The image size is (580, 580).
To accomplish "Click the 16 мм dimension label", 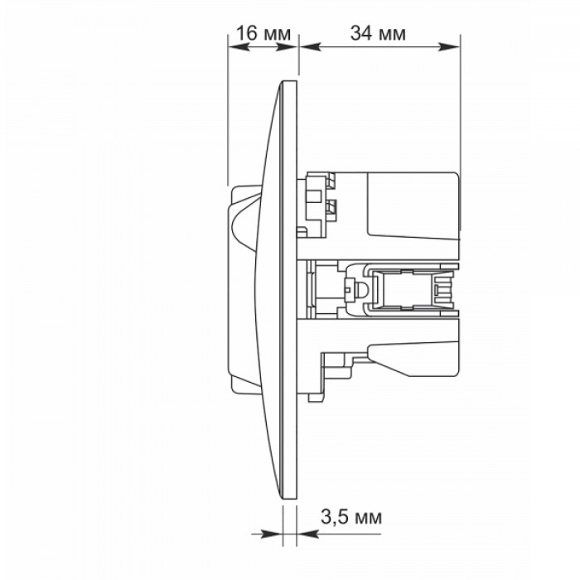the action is (263, 33).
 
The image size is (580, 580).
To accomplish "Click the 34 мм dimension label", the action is (378, 33).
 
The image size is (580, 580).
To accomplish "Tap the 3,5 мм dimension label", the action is (350, 517).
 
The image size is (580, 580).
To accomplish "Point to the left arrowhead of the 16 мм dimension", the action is (238, 46).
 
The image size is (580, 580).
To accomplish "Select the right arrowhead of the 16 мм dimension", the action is (288, 46).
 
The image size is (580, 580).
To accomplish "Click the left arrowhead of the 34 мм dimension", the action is (310, 46).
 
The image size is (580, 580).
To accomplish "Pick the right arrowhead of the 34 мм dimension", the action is (449, 46).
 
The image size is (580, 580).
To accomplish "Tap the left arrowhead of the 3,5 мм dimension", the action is (272, 534).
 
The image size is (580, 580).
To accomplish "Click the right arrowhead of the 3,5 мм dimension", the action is (307, 534).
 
